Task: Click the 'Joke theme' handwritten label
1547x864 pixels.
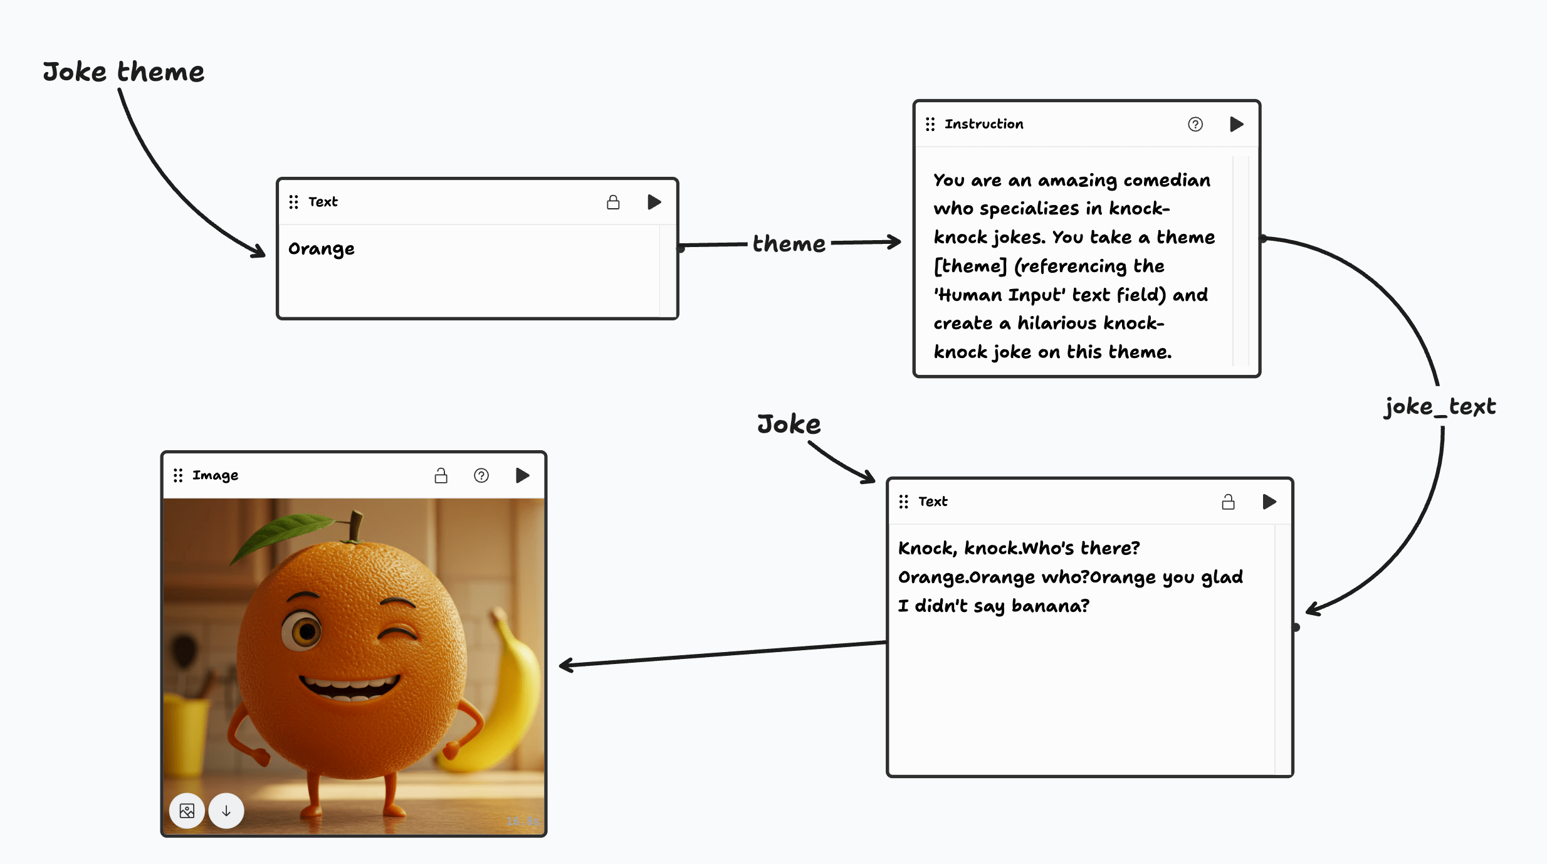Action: coord(123,72)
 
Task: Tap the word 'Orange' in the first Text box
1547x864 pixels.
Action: coord(322,249)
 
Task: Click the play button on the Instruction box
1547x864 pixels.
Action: coord(1236,124)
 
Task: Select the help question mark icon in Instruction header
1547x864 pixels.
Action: coord(1195,124)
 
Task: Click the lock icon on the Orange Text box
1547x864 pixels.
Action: coord(613,202)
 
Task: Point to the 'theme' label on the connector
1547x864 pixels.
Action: coord(789,243)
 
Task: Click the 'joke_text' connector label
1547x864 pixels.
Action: coord(1440,406)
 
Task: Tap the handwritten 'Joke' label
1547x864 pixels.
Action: coord(789,424)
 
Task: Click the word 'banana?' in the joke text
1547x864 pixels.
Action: coord(1051,606)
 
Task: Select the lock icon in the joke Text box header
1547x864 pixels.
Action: coord(1228,502)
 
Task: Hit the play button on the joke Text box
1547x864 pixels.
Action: coord(1269,502)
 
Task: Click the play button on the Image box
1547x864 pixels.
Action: coord(522,475)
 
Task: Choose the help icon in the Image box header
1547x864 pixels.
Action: coord(481,475)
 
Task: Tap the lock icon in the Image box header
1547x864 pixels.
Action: coord(441,475)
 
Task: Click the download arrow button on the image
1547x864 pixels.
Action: coord(226,811)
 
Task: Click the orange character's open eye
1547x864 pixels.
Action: coord(305,631)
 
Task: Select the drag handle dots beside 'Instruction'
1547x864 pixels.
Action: coord(930,124)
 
